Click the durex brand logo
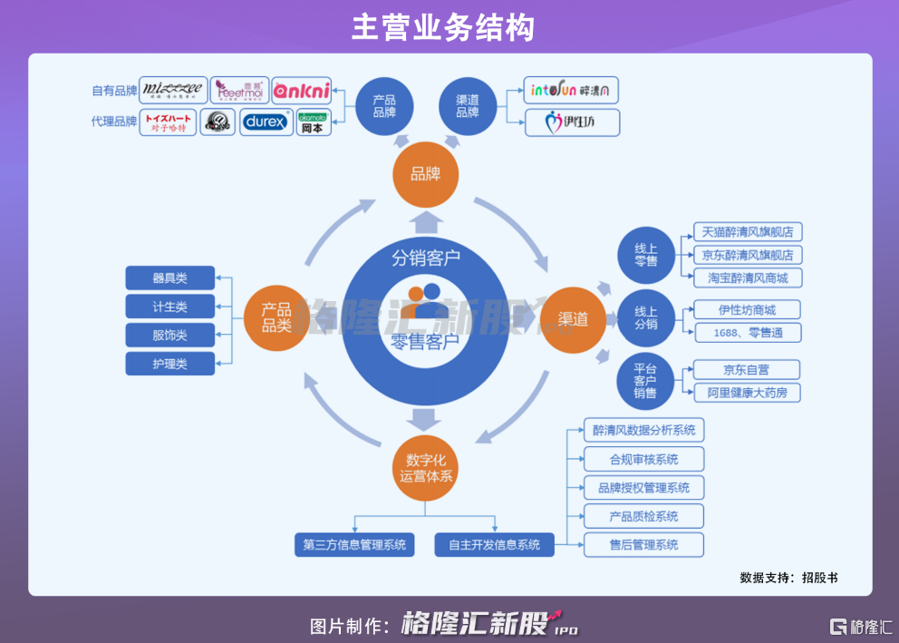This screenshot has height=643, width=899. (266, 122)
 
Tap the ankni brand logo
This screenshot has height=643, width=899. (302, 91)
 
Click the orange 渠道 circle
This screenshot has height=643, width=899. (573, 318)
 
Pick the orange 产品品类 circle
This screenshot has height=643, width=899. (276, 318)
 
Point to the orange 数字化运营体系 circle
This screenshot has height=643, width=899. (426, 467)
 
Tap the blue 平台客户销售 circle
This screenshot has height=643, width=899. (645, 380)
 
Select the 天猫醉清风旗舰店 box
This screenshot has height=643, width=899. (748, 232)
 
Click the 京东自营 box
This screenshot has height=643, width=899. (747, 369)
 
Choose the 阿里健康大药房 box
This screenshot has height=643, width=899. (747, 393)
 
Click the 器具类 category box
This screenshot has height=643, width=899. (170, 278)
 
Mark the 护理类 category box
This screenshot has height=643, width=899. (170, 364)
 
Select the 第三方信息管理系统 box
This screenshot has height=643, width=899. (355, 545)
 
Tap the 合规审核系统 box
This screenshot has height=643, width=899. (643, 459)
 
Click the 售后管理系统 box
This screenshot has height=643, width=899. (643, 545)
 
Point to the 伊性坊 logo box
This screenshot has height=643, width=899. (573, 122)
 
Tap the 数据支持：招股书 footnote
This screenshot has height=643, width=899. (788, 577)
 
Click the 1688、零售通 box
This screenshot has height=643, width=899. (747, 333)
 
